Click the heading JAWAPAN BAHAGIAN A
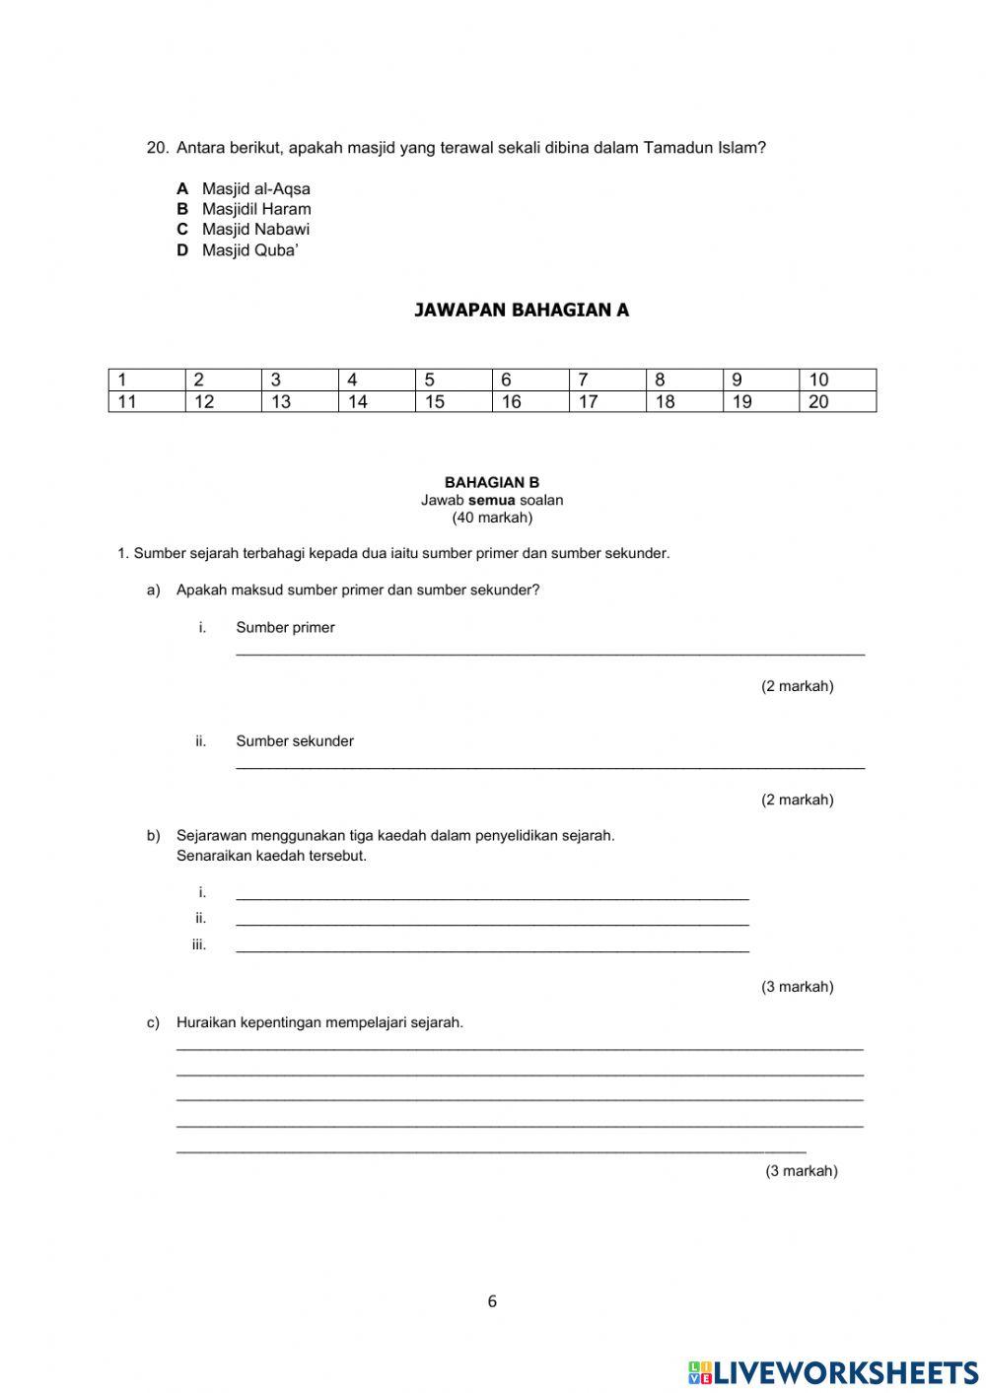[522, 311]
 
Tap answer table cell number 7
[607, 380]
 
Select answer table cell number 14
[377, 401]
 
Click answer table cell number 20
[837, 401]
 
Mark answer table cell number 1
[146, 380]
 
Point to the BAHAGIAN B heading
[492, 483]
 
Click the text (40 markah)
[492, 518]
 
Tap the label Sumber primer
[285, 628]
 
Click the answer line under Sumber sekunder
[550, 765]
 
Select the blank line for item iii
[492, 949]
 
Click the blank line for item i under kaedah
[492, 897]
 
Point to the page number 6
[492, 1301]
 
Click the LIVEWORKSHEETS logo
[833, 1371]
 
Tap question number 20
[158, 148]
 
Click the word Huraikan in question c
[205, 1023]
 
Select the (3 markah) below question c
[802, 1171]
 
